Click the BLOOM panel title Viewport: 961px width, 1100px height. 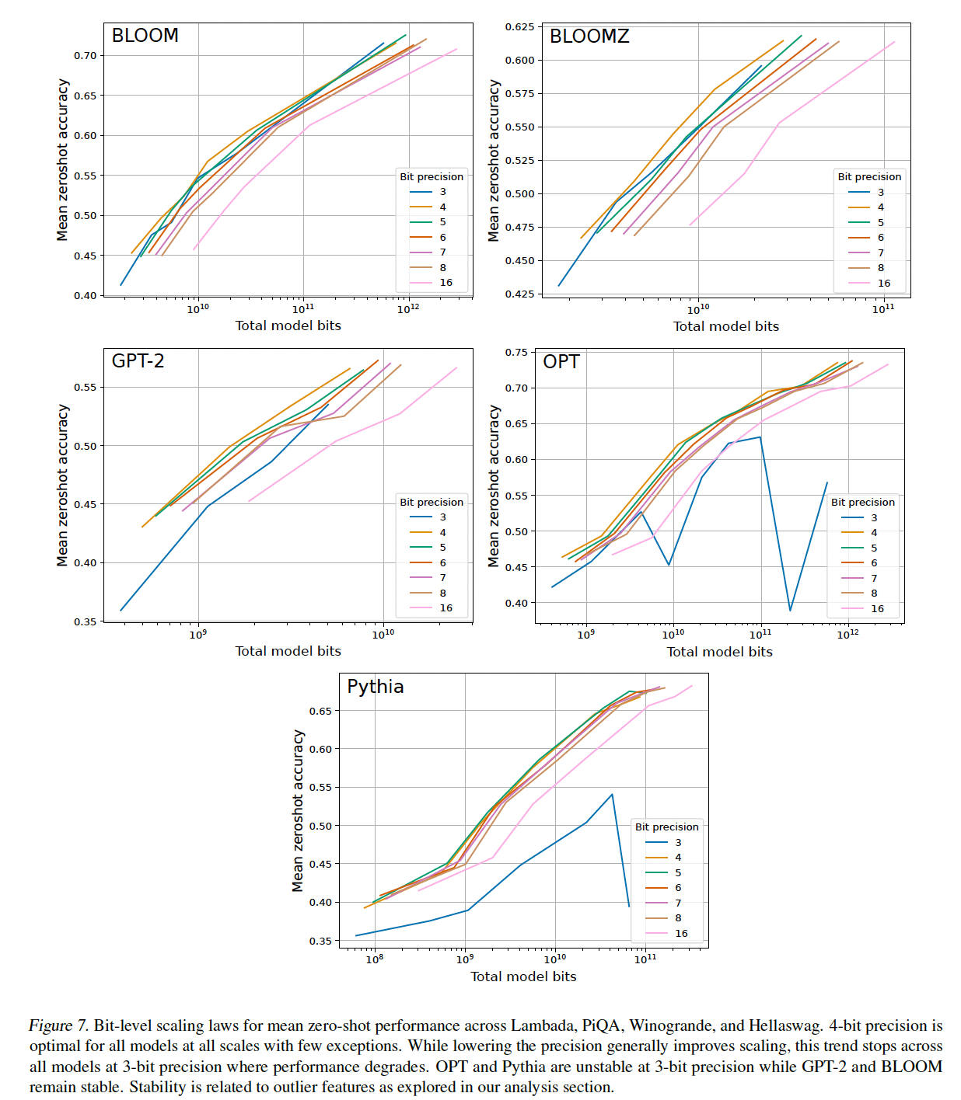[145, 36]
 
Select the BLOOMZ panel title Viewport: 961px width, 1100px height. [589, 37]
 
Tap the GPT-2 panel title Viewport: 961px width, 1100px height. [138, 361]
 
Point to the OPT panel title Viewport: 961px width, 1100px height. [561, 362]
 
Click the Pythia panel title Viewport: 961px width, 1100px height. [375, 687]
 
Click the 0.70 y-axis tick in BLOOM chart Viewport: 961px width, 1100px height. [86, 56]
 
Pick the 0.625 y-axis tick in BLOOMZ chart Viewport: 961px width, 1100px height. [519, 27]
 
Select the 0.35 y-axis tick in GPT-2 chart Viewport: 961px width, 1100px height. [86, 621]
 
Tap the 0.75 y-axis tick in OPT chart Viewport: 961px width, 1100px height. [516, 353]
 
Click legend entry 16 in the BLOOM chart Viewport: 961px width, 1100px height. [446, 283]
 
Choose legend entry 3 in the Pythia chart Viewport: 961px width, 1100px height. [678, 842]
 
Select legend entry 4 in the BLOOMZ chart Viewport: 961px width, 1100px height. [881, 207]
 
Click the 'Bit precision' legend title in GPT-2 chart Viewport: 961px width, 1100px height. [432, 503]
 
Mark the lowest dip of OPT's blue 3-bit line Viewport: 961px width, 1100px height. [790, 611]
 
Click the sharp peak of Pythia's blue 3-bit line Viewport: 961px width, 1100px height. [612, 794]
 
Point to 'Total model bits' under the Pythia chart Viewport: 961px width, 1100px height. [523, 976]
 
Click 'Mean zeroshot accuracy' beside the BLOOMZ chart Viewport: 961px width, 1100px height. [494, 161]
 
